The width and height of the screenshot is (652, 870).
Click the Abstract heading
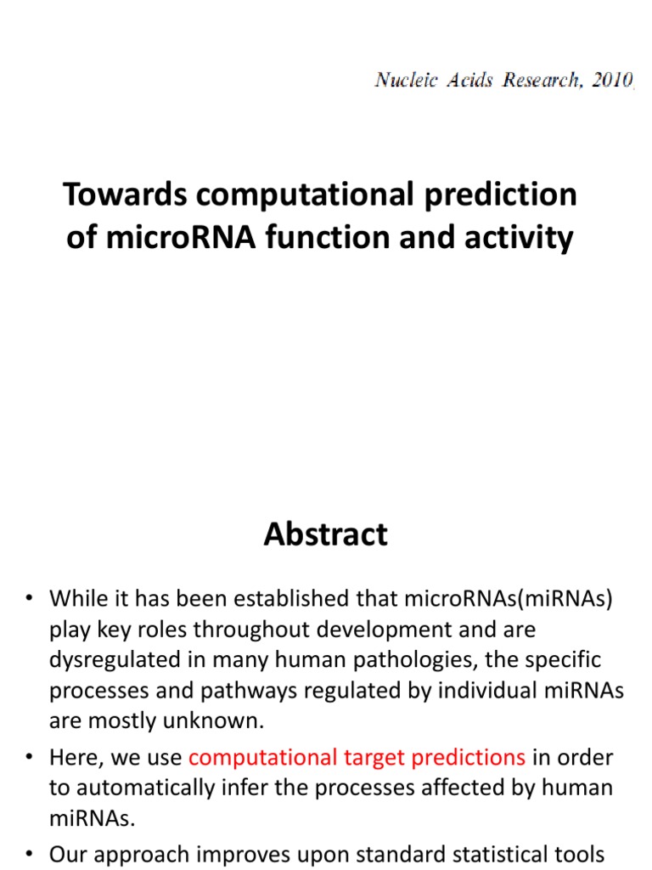325,534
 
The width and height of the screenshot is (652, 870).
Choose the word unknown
219,721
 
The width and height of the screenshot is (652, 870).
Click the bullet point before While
28,599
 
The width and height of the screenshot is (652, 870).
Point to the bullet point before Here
28,757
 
